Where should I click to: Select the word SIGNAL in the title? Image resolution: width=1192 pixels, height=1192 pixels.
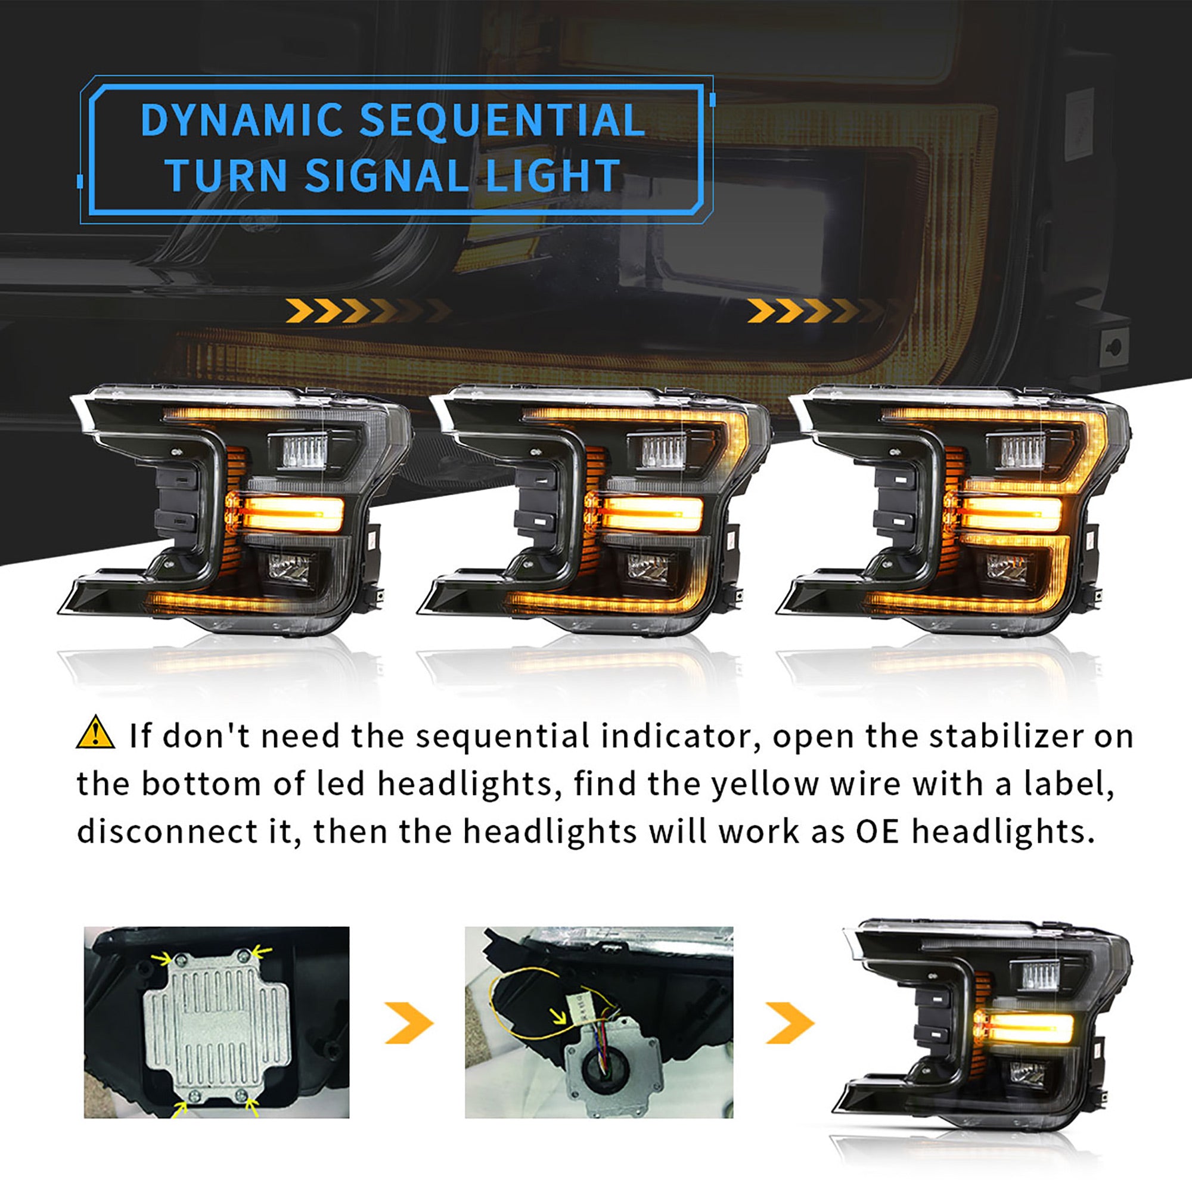pyautogui.click(x=386, y=176)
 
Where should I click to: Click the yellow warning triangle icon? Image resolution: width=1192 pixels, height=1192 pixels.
pyautogui.click(x=95, y=733)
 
